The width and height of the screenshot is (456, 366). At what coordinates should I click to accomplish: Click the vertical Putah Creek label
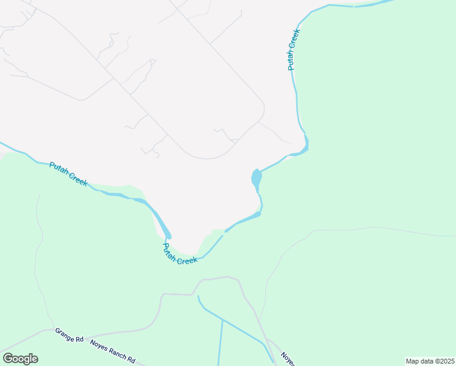tap(294, 49)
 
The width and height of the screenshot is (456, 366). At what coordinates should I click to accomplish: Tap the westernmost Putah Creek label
tap(68, 173)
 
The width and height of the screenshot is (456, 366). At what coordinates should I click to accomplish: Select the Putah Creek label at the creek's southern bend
tap(180, 253)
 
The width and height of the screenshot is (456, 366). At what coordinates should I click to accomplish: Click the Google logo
tap(20, 359)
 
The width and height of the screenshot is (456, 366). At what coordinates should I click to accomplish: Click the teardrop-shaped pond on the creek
tap(256, 179)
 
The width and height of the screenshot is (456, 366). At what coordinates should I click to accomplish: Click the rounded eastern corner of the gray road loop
tap(263, 110)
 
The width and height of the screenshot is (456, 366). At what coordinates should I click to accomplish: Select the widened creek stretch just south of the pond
tap(250, 217)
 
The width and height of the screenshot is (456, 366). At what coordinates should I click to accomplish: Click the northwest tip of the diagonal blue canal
tap(198, 297)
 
